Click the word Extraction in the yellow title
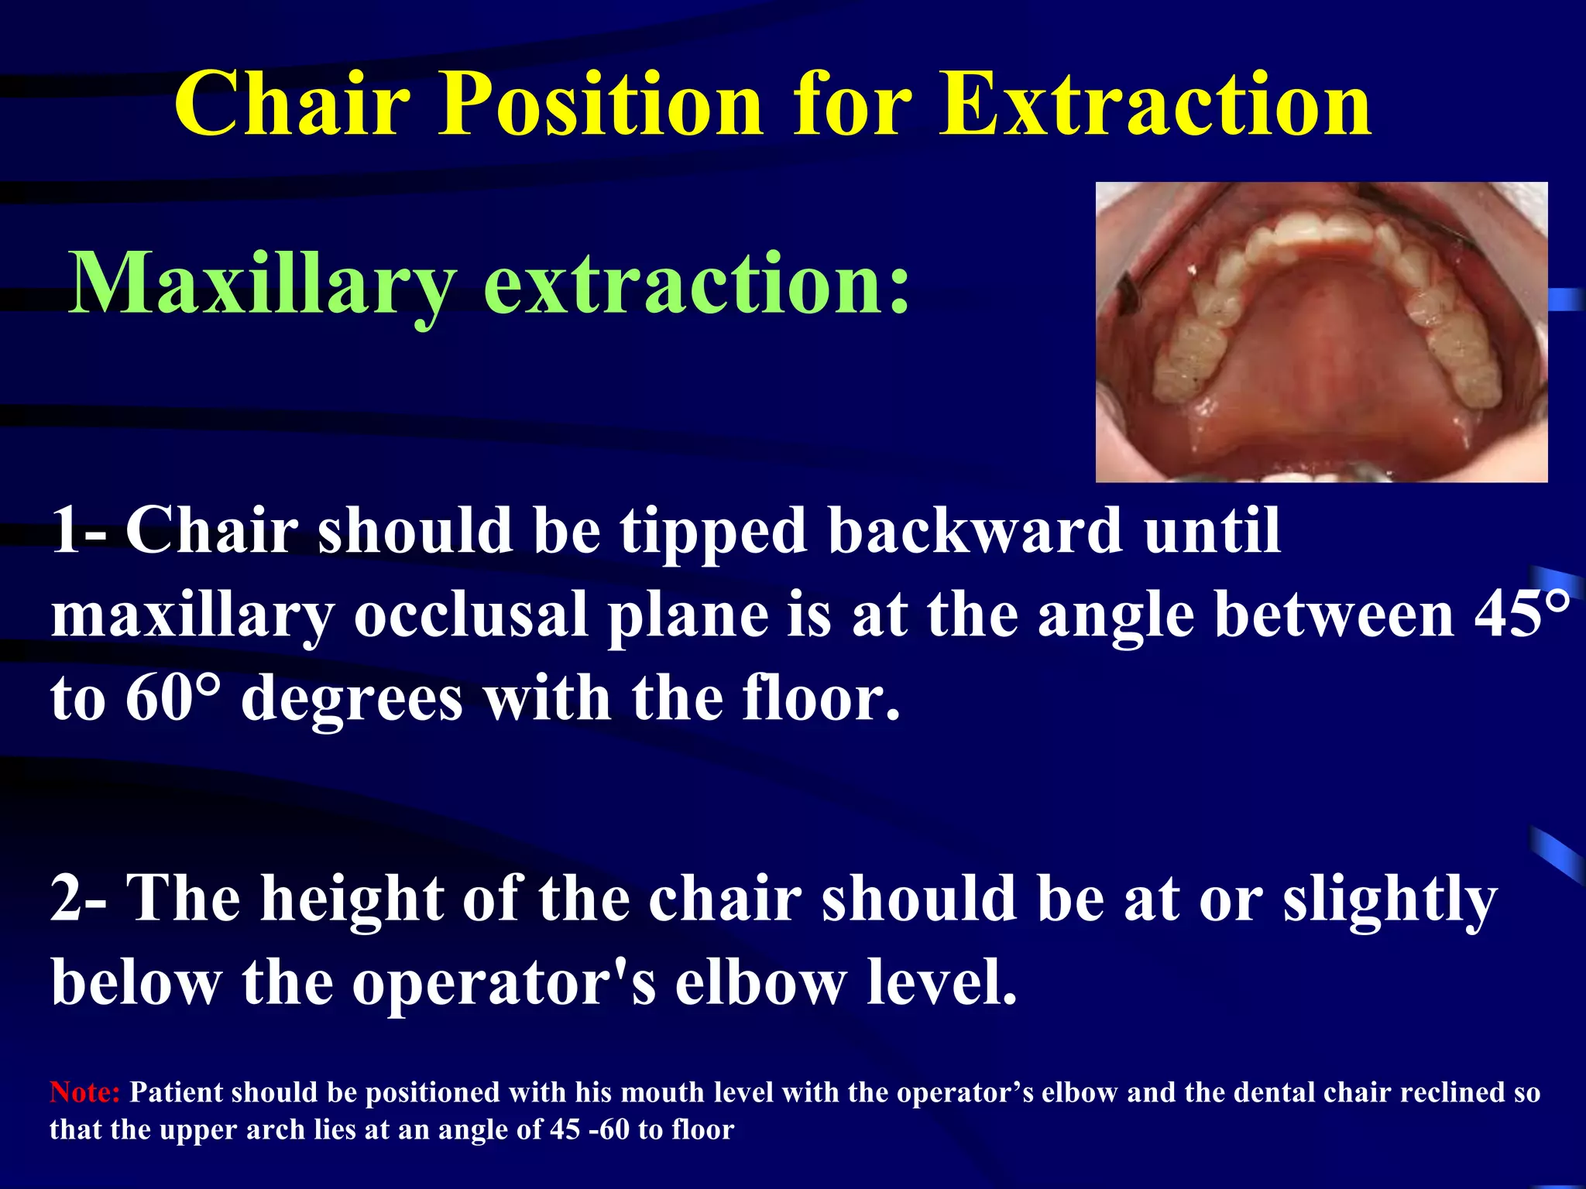coord(1155,105)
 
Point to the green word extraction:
coord(696,285)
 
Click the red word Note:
coord(84,1092)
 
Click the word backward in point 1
coord(976,532)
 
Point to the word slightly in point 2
coord(1390,899)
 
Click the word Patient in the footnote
coord(176,1092)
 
